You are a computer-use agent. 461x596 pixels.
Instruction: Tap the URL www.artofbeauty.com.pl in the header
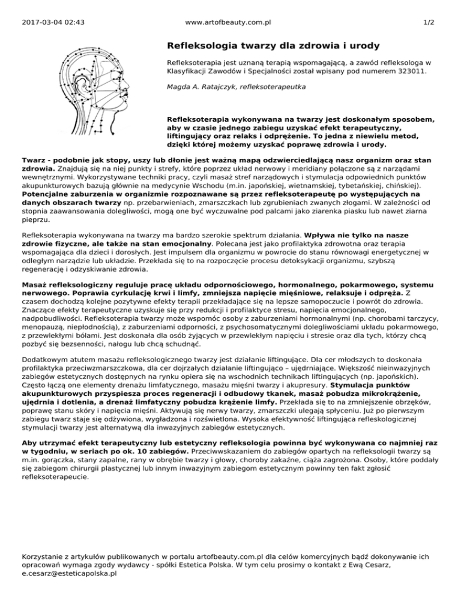click(x=229, y=22)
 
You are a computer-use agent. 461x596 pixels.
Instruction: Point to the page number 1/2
click(x=429, y=22)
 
